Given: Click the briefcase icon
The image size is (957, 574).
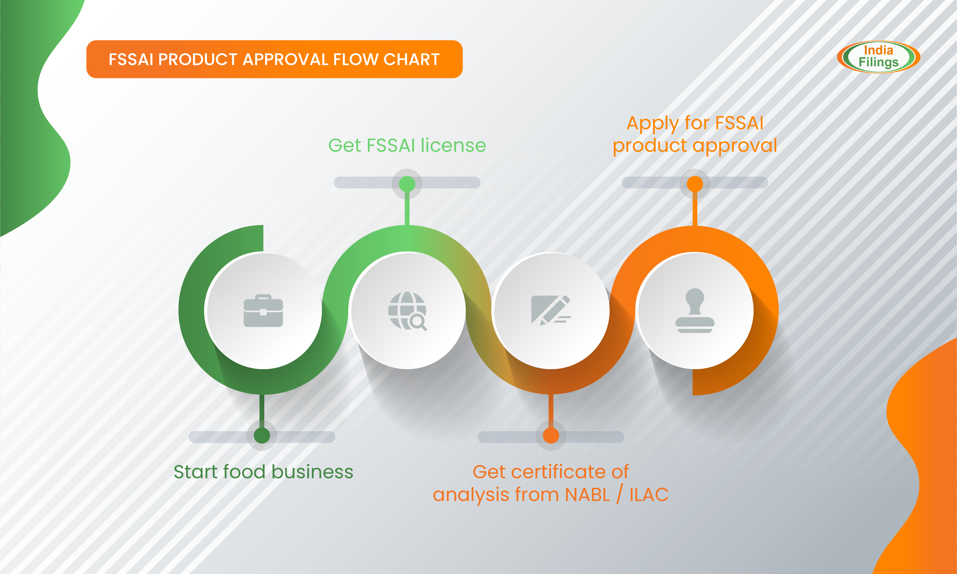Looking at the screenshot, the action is (263, 311).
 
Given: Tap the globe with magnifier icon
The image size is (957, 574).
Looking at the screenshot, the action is (407, 311).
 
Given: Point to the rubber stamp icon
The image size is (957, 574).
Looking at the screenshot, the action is (695, 311).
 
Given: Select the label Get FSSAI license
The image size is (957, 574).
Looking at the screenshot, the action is (407, 146).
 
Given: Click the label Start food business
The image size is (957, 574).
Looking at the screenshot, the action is (263, 472).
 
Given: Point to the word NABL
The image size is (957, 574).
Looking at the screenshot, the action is (587, 495).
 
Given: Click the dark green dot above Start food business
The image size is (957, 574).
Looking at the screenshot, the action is (262, 436).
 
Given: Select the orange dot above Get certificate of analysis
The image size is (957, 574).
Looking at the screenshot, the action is (551, 436).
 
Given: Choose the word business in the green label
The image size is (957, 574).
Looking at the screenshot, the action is (312, 472).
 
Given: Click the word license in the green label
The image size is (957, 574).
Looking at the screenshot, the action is (453, 146).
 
